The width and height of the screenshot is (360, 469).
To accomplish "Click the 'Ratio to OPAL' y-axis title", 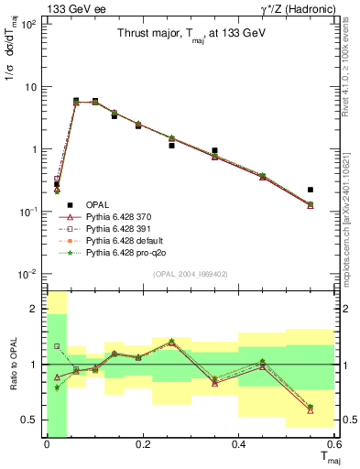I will (x=12, y=365).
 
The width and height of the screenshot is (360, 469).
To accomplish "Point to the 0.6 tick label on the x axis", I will (x=332, y=445).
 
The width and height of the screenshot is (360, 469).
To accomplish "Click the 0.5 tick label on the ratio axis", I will (x=30, y=420).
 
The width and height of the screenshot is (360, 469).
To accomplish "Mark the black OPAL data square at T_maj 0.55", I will (x=311, y=190).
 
